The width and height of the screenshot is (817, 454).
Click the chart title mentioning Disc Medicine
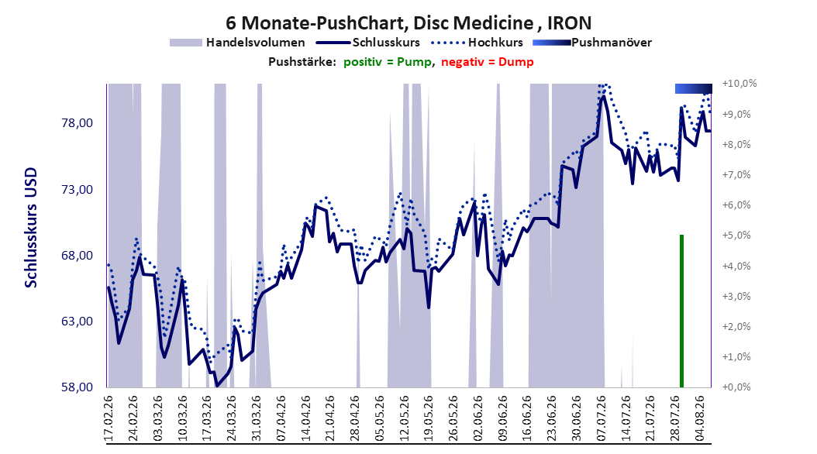tap(408, 23)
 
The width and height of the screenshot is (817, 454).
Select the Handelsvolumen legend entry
tap(237, 43)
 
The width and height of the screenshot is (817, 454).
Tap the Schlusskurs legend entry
tap(368, 43)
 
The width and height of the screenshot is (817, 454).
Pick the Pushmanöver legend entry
tap(592, 43)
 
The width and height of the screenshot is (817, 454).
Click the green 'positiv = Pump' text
tap(388, 62)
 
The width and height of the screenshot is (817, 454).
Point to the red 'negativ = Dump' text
tap(488, 62)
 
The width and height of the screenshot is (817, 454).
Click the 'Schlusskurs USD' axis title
tap(31, 227)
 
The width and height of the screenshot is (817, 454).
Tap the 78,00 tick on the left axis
tap(77, 123)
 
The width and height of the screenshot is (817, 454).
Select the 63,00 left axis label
tap(77, 322)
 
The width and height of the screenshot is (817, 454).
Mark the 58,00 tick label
tap(77, 387)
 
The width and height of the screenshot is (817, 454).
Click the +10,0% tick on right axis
tap(739, 84)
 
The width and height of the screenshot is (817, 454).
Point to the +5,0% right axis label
tap(736, 236)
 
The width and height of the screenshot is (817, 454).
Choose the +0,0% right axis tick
tap(736, 387)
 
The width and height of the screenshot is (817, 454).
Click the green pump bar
tap(681, 311)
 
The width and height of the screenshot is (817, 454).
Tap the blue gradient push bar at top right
tap(694, 88)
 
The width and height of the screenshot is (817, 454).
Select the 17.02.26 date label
tap(109, 418)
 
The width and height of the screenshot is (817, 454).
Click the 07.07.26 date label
tap(602, 418)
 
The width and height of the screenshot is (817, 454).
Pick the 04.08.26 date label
tap(700, 418)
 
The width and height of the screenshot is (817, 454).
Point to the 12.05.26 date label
tap(404, 418)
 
